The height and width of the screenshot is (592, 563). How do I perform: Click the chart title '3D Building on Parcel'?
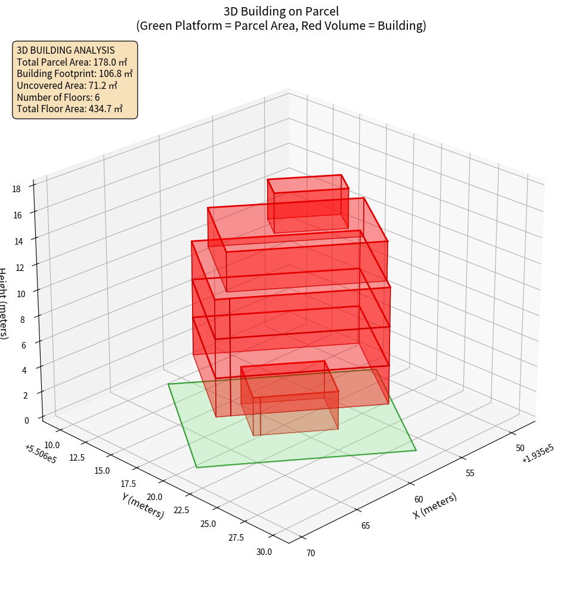(281, 11)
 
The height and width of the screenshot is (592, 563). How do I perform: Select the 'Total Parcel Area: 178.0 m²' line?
(72, 61)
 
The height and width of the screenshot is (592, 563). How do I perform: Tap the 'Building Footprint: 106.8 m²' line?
(75, 73)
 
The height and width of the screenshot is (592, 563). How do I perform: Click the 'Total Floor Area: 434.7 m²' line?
(70, 109)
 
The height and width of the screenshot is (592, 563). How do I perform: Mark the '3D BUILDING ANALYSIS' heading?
(66, 50)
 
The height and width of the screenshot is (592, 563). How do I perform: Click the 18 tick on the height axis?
(17, 189)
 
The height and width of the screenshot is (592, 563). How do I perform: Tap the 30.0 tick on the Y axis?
(264, 551)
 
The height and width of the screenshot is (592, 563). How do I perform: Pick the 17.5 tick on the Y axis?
(128, 483)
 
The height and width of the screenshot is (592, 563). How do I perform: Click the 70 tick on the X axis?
(311, 553)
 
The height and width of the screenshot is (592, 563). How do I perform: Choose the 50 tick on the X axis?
(520, 448)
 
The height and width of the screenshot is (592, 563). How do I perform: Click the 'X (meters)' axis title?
(435, 505)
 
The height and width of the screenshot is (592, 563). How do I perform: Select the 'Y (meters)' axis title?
(143, 505)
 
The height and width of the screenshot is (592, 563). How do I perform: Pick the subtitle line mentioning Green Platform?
(281, 26)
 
